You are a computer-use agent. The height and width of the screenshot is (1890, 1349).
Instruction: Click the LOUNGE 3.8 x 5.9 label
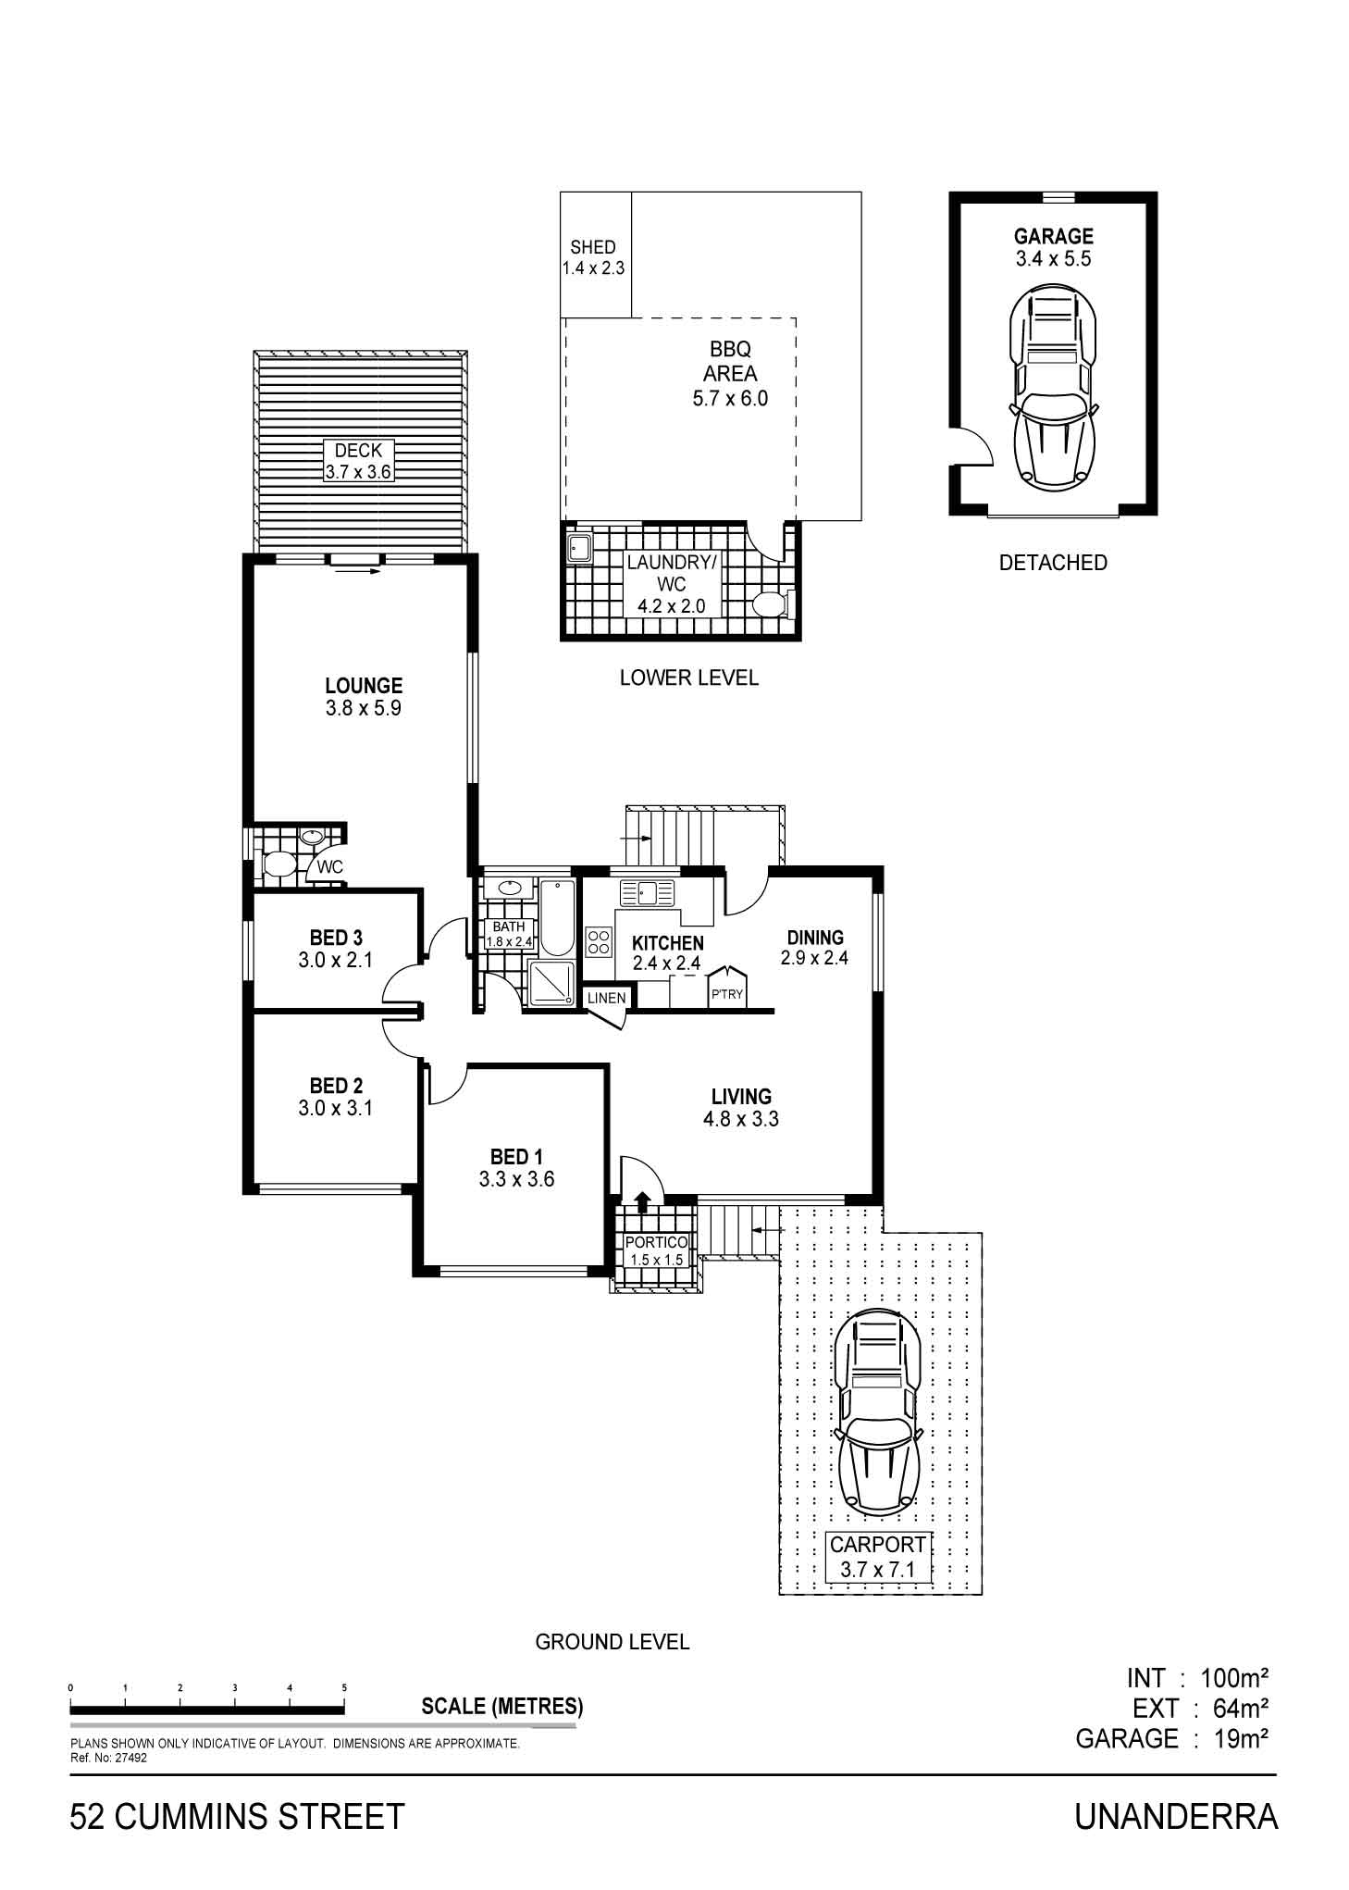pyautogui.click(x=364, y=697)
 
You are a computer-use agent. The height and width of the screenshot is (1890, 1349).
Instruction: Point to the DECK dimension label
pyautogui.click(x=358, y=461)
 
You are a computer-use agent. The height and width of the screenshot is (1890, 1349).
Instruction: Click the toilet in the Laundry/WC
pyautogui.click(x=769, y=604)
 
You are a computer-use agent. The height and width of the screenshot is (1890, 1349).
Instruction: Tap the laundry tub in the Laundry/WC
pyautogui.click(x=580, y=548)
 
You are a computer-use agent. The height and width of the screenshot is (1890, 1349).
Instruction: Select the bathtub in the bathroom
pyautogui.click(x=556, y=917)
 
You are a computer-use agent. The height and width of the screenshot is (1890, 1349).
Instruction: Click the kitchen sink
pyautogui.click(x=646, y=892)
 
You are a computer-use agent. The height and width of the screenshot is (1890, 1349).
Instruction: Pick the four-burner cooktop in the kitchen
pyautogui.click(x=599, y=940)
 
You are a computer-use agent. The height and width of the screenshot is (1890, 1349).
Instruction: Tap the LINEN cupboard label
pyautogui.click(x=606, y=999)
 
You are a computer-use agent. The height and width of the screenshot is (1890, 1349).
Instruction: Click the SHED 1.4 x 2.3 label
pyautogui.click(x=593, y=258)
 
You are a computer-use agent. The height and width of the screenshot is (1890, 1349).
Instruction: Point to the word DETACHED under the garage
pyautogui.click(x=1053, y=563)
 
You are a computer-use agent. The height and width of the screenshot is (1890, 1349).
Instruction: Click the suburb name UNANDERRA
pyautogui.click(x=1176, y=1816)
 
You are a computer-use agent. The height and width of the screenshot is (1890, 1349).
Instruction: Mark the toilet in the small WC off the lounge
pyautogui.click(x=278, y=864)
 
